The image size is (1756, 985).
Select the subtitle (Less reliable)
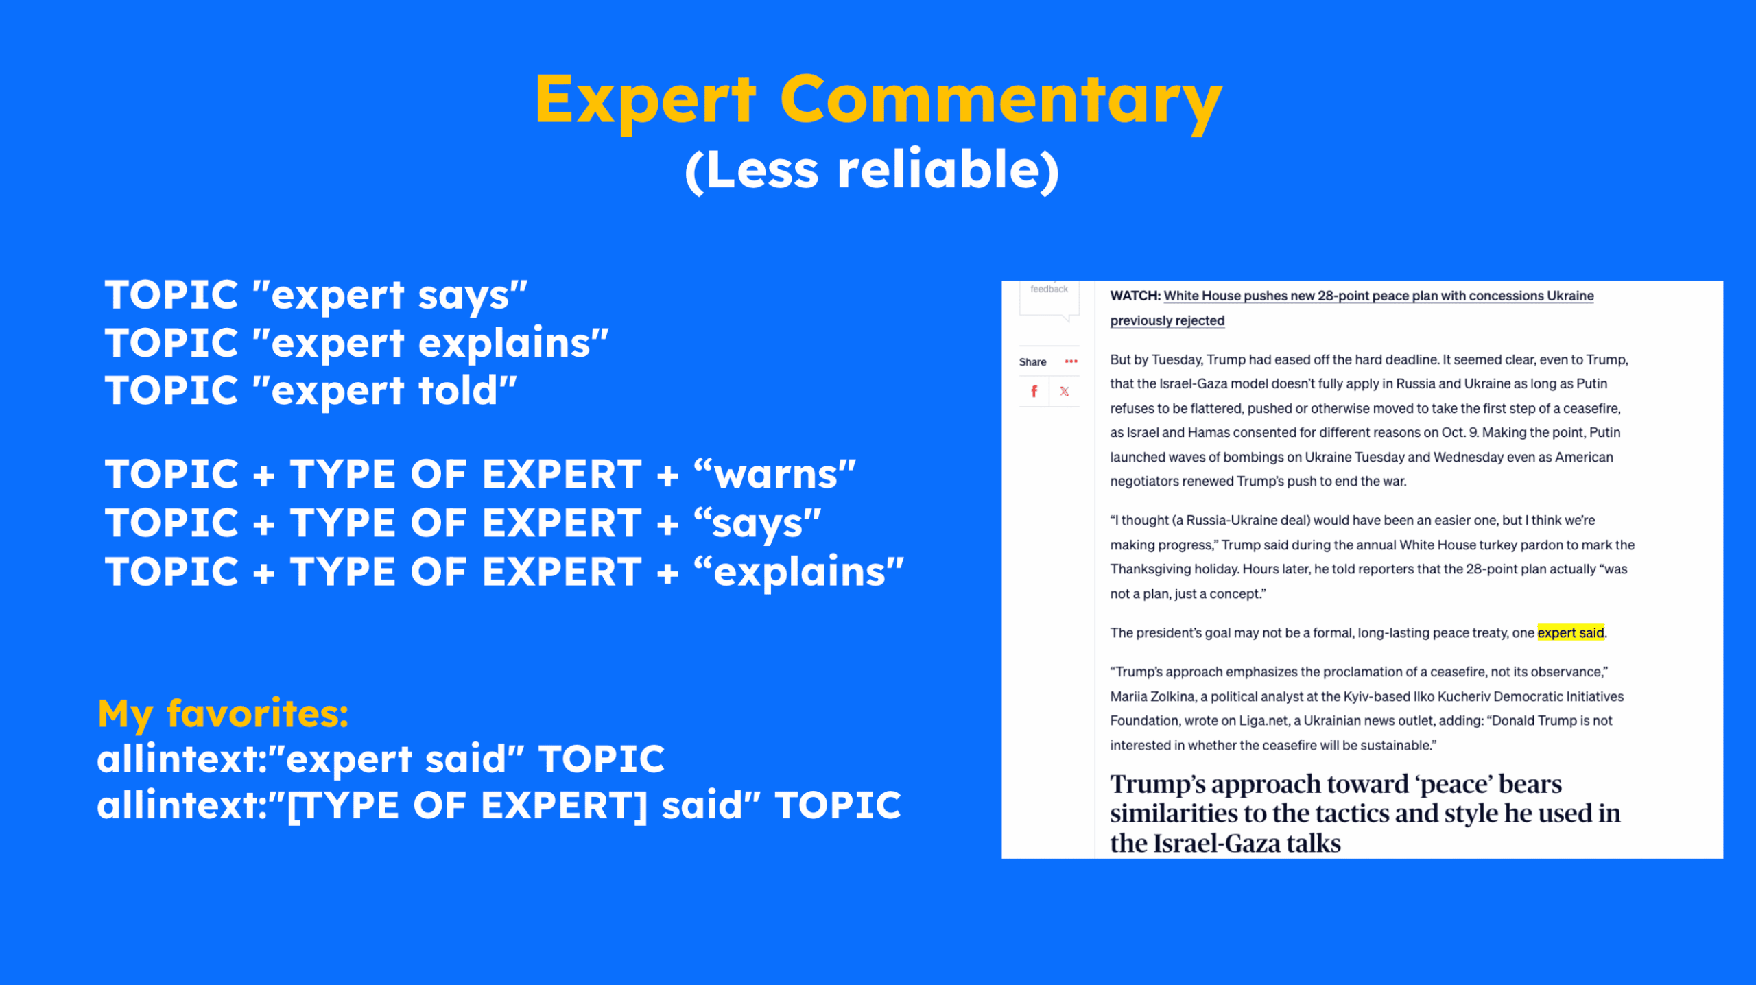[873, 170]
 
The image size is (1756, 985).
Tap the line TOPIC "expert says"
[316, 295]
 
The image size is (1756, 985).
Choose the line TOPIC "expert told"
[311, 391]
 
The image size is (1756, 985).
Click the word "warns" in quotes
[775, 475]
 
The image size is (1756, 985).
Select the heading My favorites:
[224, 713]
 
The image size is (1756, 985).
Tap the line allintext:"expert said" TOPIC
[381, 759]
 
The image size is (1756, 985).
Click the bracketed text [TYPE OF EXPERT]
[467, 805]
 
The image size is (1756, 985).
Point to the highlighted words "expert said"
[1570, 632]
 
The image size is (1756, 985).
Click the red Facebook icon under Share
[1034, 392]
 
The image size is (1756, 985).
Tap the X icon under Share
[1064, 392]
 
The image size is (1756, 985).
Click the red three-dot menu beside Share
[1071, 361]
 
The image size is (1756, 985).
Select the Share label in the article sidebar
[1032, 362]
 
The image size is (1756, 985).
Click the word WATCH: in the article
[1135, 296]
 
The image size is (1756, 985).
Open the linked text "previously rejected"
[1167, 320]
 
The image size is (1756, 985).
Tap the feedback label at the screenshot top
[1049, 289]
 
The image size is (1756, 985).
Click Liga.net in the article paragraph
[1262, 721]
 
